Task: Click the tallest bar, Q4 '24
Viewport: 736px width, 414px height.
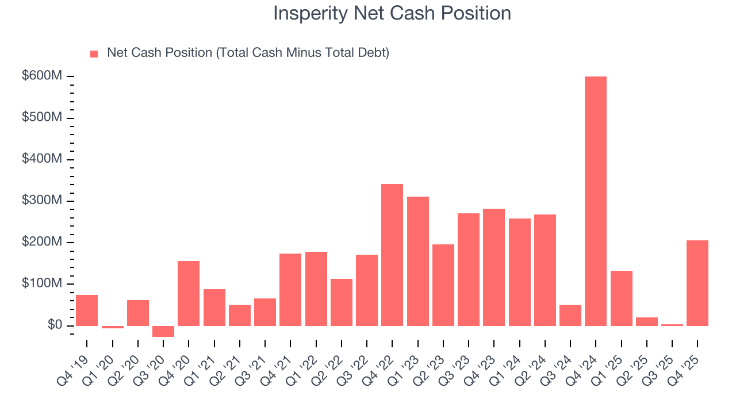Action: click(x=595, y=201)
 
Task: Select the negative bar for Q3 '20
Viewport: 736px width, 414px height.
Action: click(x=163, y=331)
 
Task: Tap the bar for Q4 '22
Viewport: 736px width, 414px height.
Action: click(x=392, y=255)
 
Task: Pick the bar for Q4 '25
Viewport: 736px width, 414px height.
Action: click(x=697, y=283)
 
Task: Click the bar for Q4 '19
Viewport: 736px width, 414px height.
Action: click(x=87, y=310)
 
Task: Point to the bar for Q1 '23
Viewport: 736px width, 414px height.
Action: click(x=417, y=261)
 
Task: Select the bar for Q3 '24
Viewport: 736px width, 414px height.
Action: click(x=570, y=315)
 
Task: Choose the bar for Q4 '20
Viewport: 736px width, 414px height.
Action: click(x=189, y=293)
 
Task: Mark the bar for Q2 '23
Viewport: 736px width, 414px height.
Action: click(x=443, y=285)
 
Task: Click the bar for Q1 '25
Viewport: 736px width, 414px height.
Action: click(x=621, y=298)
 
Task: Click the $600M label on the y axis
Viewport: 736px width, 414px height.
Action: click(x=42, y=76)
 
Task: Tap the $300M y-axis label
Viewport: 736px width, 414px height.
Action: click(x=42, y=201)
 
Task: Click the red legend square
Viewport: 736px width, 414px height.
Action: click(x=94, y=53)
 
